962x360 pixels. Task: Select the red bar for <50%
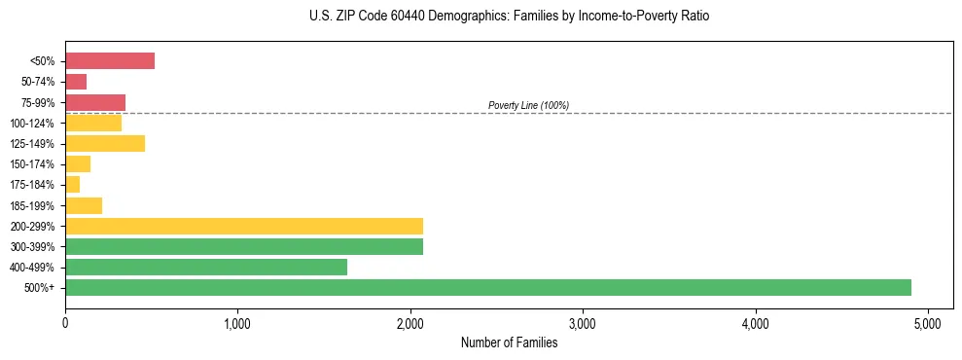(110, 61)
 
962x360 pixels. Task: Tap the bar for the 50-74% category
(76, 82)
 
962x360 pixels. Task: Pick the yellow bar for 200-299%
(244, 226)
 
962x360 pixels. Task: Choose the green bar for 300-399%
(244, 246)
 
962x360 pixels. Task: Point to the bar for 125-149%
(105, 144)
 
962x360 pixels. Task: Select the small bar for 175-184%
(73, 185)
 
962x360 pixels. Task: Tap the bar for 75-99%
(95, 102)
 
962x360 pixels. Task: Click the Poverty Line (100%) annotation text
(528, 105)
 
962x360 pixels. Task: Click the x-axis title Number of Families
(509, 342)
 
